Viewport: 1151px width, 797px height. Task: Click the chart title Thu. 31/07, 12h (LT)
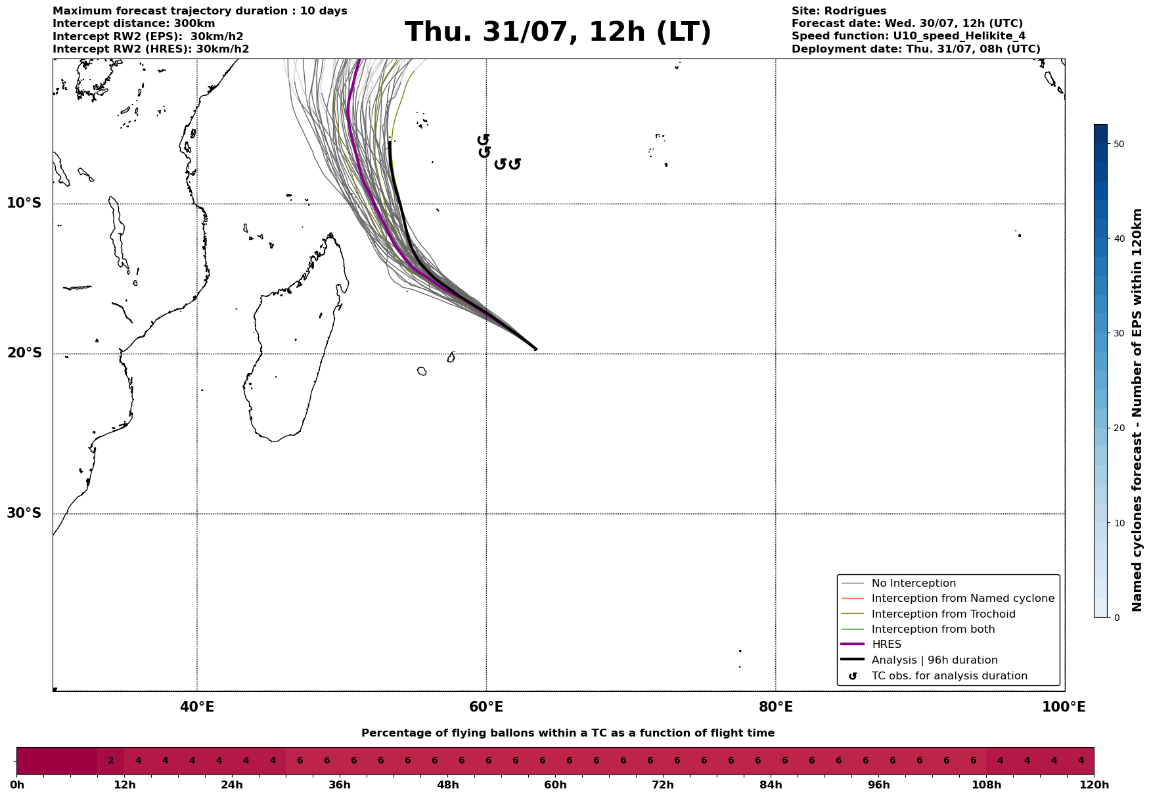tap(558, 32)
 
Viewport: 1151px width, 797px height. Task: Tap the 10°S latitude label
tap(24, 203)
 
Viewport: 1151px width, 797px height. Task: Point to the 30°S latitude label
tap(24, 513)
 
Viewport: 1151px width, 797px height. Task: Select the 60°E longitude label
tap(486, 707)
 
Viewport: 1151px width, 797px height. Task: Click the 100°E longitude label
tap(1064, 707)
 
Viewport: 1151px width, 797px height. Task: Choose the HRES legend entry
tap(886, 645)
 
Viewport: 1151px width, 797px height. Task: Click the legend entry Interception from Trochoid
tap(943, 614)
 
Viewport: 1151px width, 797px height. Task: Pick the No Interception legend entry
tap(913, 583)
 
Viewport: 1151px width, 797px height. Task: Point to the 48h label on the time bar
tap(447, 785)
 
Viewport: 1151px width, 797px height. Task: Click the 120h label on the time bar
tap(1094, 785)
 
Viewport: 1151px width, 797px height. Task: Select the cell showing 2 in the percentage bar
tap(110, 761)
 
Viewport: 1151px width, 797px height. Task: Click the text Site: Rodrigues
tap(838, 11)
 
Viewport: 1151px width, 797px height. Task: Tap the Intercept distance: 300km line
tap(133, 24)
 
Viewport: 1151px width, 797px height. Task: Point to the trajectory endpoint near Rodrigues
tap(535, 349)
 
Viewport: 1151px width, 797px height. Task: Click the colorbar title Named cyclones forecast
tap(1138, 410)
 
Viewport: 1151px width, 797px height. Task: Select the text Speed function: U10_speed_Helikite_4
tap(908, 36)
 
